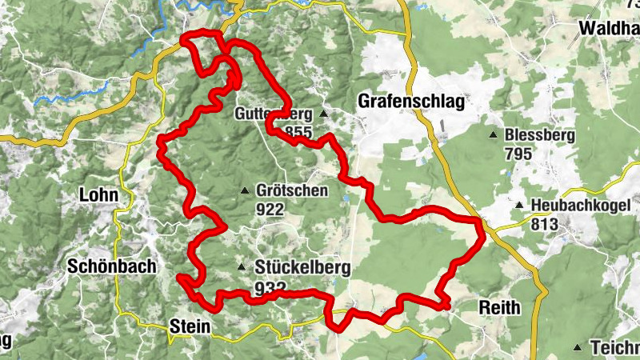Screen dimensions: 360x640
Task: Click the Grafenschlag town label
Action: point(411,102)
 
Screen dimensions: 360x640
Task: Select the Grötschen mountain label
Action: point(293,190)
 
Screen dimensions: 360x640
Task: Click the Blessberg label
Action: point(539,135)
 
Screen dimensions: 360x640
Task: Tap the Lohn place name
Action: point(99,194)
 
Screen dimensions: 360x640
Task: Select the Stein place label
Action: point(190,326)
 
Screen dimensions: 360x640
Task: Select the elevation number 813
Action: point(546,225)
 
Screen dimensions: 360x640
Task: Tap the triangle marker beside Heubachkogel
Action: point(519,206)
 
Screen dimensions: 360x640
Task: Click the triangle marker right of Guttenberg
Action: point(324,114)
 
